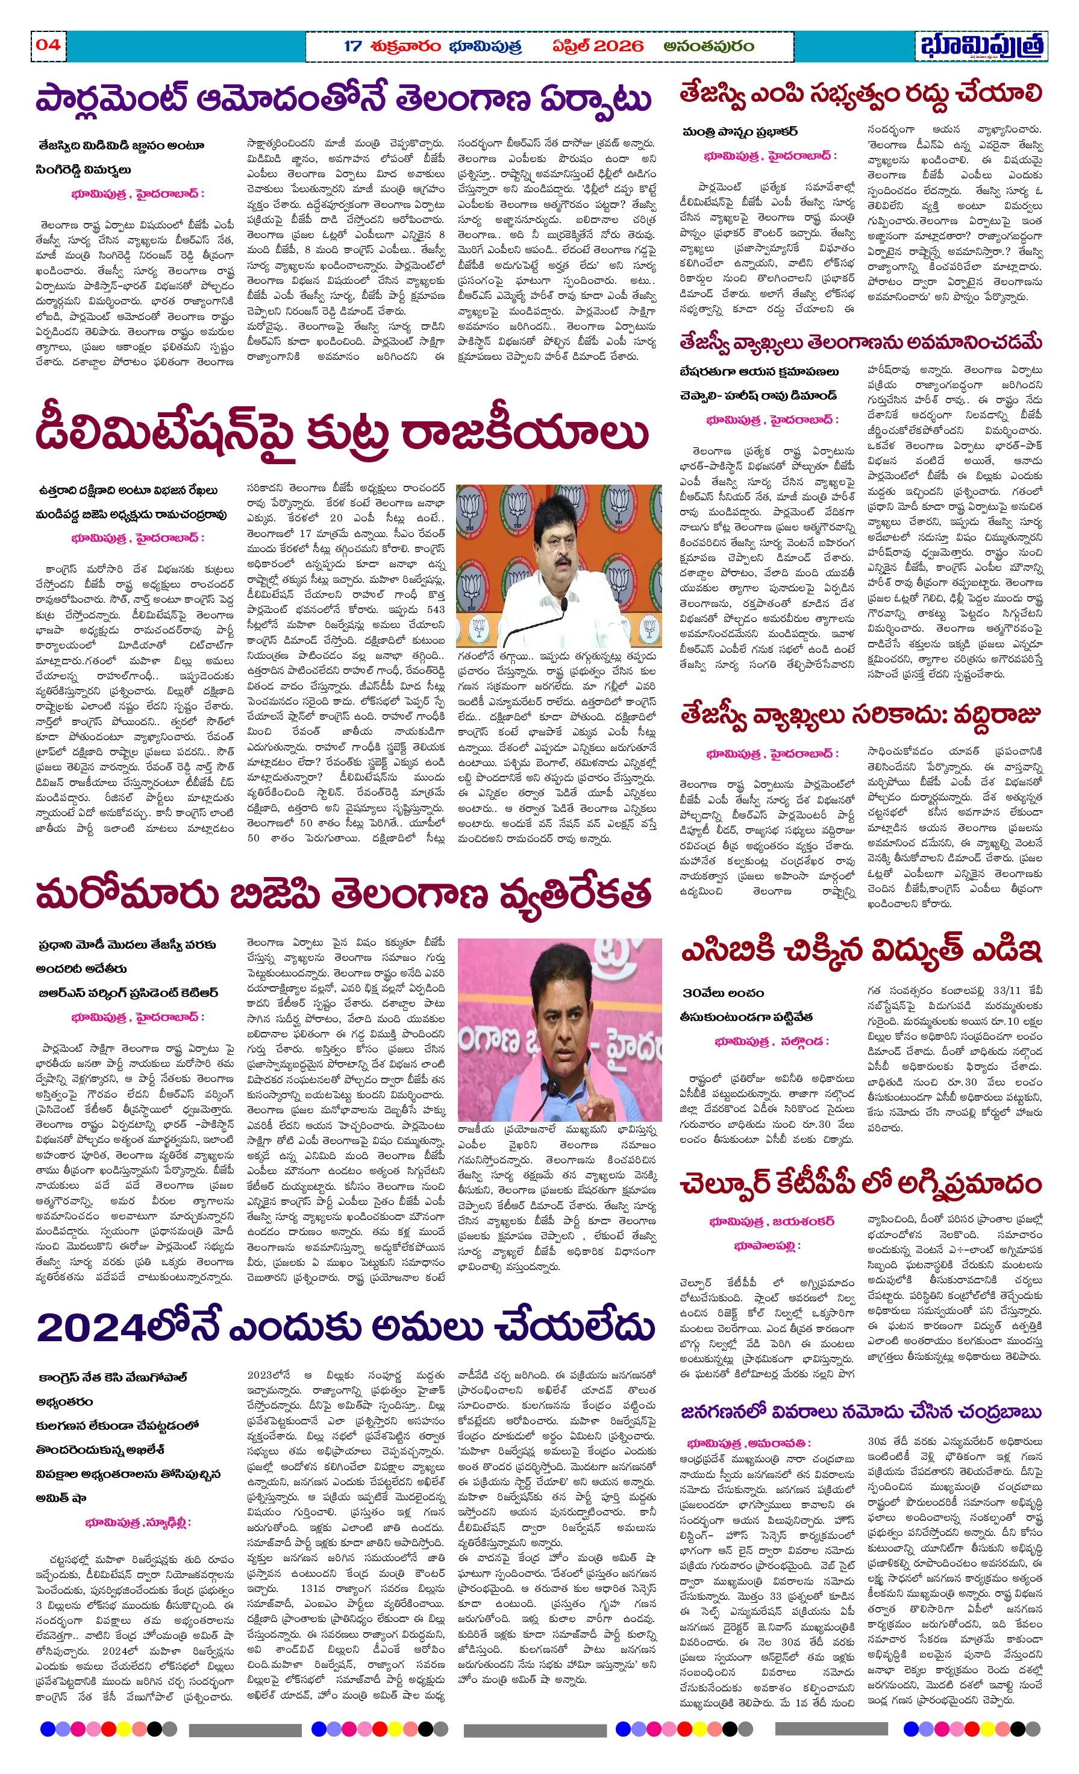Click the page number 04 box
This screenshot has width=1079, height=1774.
click(48, 45)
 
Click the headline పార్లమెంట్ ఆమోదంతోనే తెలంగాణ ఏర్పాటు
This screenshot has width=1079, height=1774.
click(343, 99)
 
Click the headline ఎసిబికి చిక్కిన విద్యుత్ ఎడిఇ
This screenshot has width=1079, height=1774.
click(861, 951)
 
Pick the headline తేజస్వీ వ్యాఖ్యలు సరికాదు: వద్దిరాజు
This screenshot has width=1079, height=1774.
click(861, 716)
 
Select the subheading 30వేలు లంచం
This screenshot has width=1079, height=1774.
click(724, 993)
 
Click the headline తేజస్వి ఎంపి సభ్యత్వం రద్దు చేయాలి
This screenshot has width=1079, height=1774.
click(861, 93)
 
